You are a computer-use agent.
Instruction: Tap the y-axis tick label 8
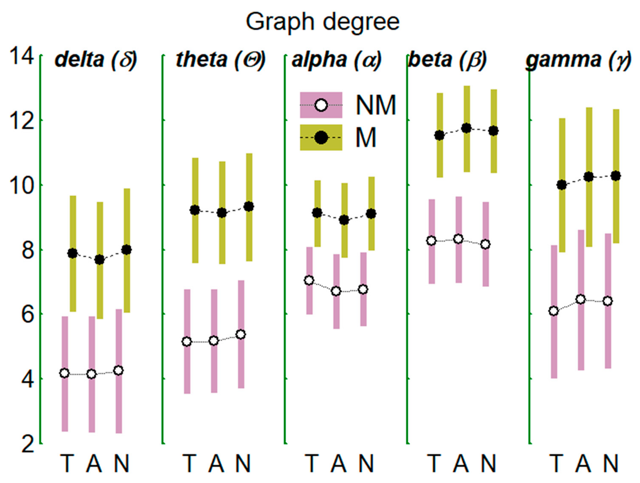click(28, 250)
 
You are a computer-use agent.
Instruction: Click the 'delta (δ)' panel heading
click(96, 60)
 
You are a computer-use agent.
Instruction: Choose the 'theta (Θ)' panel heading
click(220, 60)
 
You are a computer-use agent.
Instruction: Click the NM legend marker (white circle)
click(321, 105)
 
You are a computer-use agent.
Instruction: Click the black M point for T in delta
click(73, 253)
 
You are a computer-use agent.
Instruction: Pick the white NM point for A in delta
click(92, 374)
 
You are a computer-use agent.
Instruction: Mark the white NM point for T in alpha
click(309, 280)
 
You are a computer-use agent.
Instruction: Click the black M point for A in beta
click(466, 128)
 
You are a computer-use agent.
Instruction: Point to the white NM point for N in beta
click(485, 244)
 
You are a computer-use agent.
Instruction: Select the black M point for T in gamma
click(562, 185)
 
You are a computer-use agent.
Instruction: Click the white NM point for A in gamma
click(581, 299)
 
